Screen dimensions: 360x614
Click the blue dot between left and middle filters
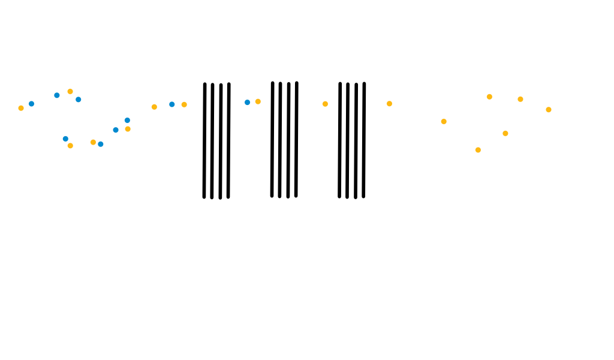(247, 103)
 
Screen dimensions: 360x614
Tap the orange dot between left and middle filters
(258, 101)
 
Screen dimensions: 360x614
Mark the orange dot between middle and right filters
(325, 104)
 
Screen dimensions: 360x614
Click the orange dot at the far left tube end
(21, 108)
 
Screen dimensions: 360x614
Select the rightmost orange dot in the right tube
(548, 109)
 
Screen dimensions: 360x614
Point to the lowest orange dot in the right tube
(478, 149)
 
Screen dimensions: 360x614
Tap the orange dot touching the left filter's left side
(184, 104)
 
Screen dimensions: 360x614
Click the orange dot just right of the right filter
(389, 104)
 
